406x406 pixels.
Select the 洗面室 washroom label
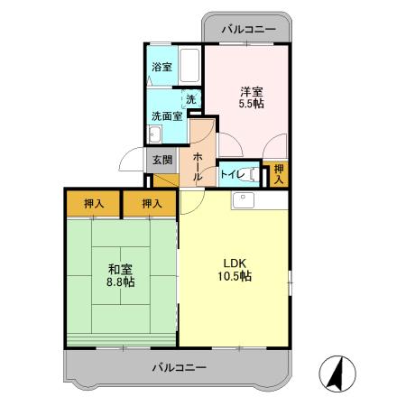tap(166, 115)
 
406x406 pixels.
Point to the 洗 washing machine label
tap(189, 99)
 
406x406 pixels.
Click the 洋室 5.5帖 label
tap(252, 97)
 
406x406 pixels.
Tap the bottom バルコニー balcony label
tap(179, 367)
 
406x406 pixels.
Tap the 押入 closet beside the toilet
tap(279, 173)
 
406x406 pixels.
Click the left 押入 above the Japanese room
tap(93, 204)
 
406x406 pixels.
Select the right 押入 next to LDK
tap(152, 204)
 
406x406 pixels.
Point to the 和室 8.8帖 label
tap(117, 274)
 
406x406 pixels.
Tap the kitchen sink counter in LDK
tap(260, 200)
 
